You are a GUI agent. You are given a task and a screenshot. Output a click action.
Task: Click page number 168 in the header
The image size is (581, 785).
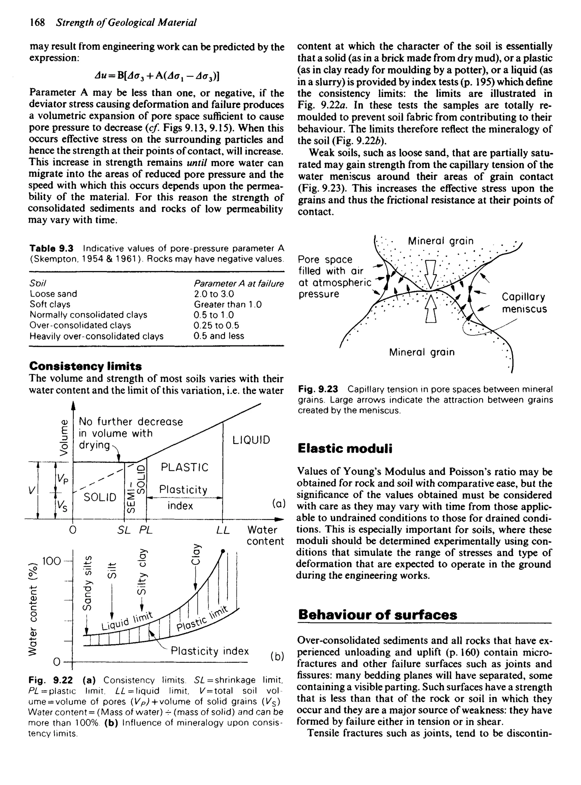37,22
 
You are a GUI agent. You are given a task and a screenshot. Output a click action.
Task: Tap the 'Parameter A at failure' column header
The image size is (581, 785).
239,283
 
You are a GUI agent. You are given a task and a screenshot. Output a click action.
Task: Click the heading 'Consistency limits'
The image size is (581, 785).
85,366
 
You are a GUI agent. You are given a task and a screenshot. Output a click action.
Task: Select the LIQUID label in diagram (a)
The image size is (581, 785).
251,440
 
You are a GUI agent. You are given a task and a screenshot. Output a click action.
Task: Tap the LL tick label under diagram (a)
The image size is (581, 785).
223,530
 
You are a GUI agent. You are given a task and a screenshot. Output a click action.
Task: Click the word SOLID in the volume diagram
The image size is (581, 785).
100,497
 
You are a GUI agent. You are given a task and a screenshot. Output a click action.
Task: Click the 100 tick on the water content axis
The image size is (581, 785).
51,561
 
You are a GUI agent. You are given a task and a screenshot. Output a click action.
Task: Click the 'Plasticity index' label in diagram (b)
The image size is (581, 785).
210,651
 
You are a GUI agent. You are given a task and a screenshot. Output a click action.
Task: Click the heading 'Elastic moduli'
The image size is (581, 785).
345,449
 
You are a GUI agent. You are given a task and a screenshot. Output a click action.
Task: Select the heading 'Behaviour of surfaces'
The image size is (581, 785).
377,615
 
